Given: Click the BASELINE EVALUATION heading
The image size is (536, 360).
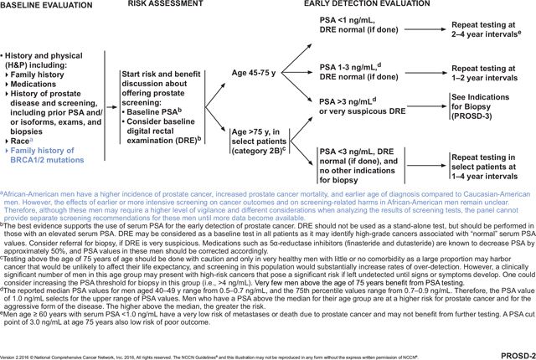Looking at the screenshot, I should click(42, 6).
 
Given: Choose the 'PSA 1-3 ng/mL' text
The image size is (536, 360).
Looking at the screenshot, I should click(349, 67).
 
